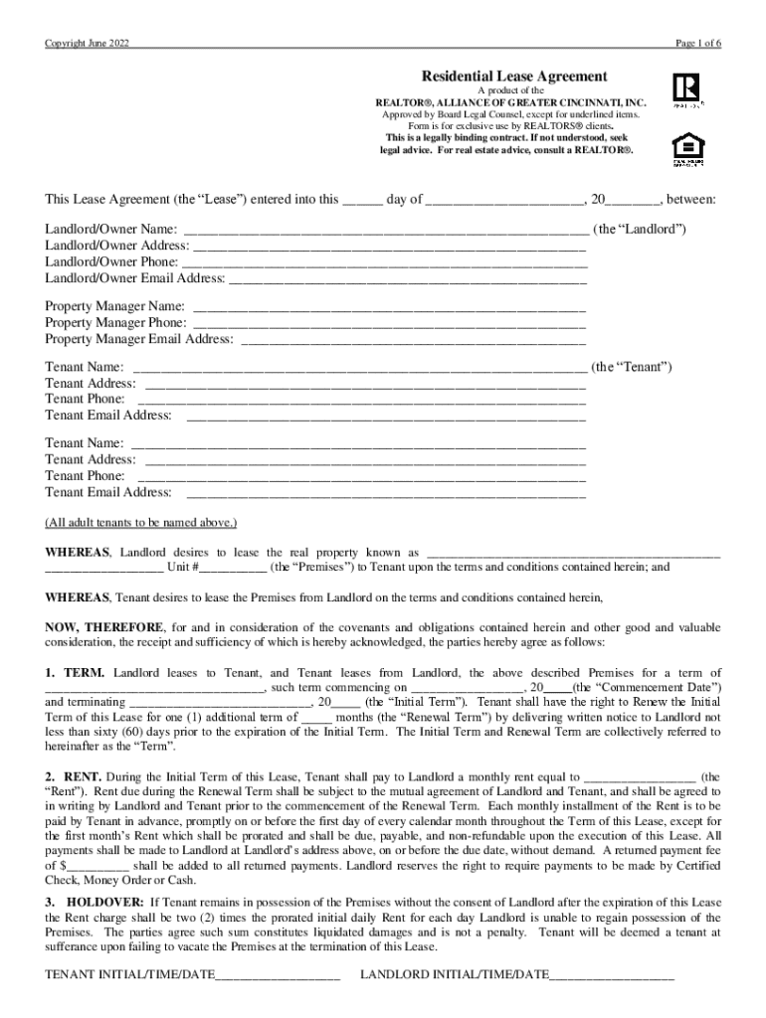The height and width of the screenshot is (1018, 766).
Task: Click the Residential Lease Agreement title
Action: pos(514,76)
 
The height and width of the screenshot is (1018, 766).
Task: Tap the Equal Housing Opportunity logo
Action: pos(688,146)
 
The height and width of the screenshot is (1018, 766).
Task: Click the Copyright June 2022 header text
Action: pos(87,44)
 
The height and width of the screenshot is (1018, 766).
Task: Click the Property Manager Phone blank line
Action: pos(389,323)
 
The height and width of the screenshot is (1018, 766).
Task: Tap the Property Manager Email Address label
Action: pos(138,339)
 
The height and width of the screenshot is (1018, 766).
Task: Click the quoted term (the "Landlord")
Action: pos(639,230)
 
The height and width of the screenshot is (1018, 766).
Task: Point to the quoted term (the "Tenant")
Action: pos(632,367)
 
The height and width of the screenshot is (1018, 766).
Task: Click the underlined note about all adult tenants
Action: pos(141,522)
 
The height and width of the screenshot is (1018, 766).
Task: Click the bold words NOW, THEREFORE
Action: pos(104,628)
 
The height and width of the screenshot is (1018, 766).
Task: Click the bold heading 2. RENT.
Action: pos(75,775)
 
